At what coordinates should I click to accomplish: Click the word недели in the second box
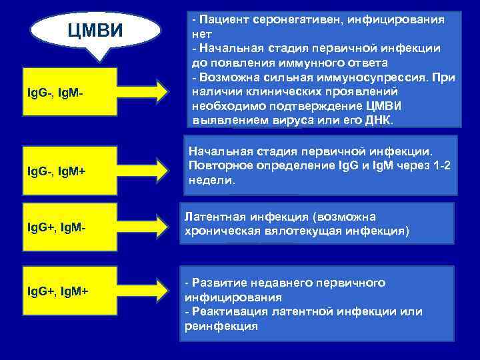(211, 181)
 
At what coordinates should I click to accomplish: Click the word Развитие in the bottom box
(218, 282)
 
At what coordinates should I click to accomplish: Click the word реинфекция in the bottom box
(221, 327)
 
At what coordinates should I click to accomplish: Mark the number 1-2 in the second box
(442, 165)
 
